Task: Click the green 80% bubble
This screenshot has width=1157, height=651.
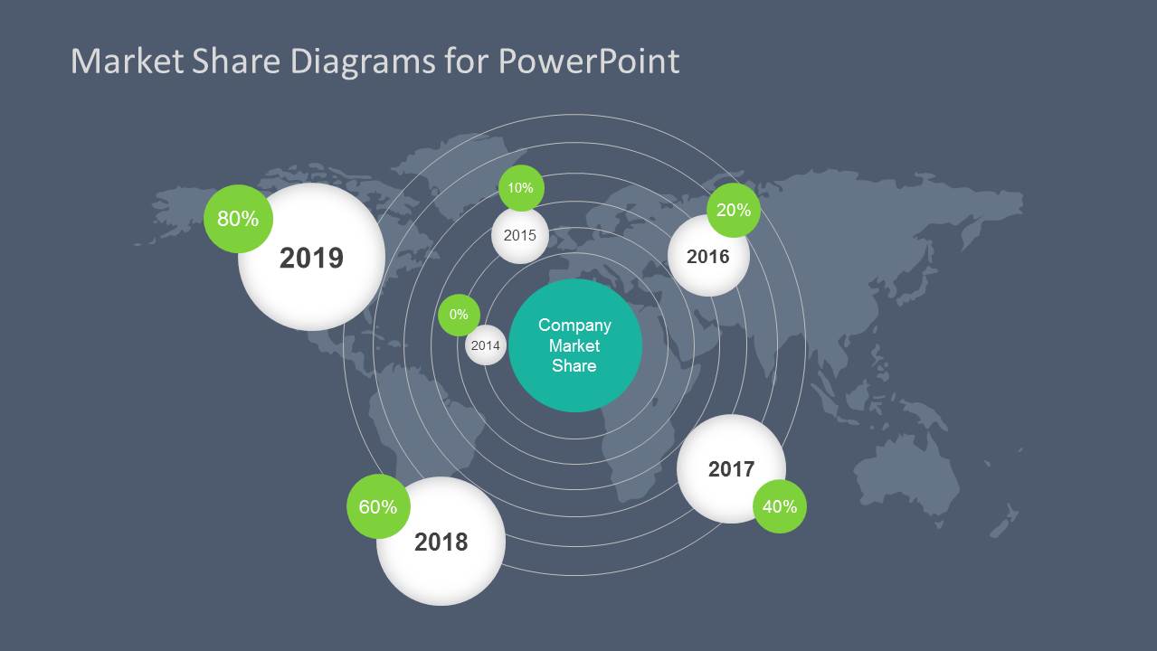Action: tap(238, 218)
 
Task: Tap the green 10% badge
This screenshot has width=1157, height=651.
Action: tap(521, 188)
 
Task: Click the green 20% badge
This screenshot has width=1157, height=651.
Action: tap(733, 210)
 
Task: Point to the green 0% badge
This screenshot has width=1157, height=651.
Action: tap(459, 315)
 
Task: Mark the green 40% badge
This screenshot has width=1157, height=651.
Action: tap(779, 506)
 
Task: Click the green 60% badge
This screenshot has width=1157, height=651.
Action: tap(377, 506)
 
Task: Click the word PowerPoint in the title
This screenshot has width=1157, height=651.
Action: tap(589, 61)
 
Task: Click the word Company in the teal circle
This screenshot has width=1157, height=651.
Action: tap(574, 325)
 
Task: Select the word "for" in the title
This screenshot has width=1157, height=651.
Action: tap(465, 61)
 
